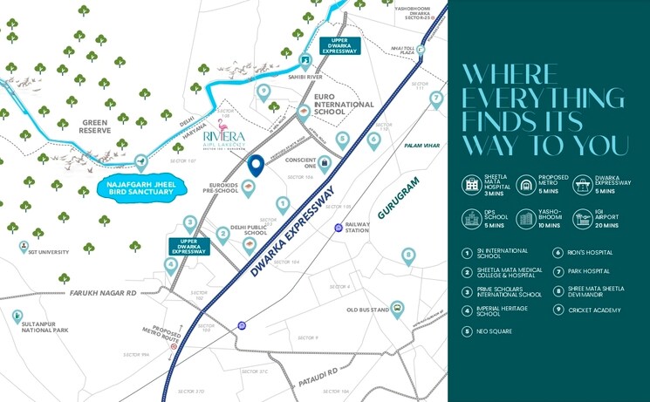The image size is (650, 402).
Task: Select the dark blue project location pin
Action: coord(256,164)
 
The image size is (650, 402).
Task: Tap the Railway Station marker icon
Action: coord(339,228)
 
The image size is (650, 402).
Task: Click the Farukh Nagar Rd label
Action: coord(105,294)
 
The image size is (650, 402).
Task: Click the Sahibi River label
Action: coord(304,76)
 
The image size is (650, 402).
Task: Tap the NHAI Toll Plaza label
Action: coord(402,51)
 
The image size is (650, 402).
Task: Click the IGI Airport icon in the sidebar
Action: coord(582,219)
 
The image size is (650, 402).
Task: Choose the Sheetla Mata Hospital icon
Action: coord(472,184)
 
